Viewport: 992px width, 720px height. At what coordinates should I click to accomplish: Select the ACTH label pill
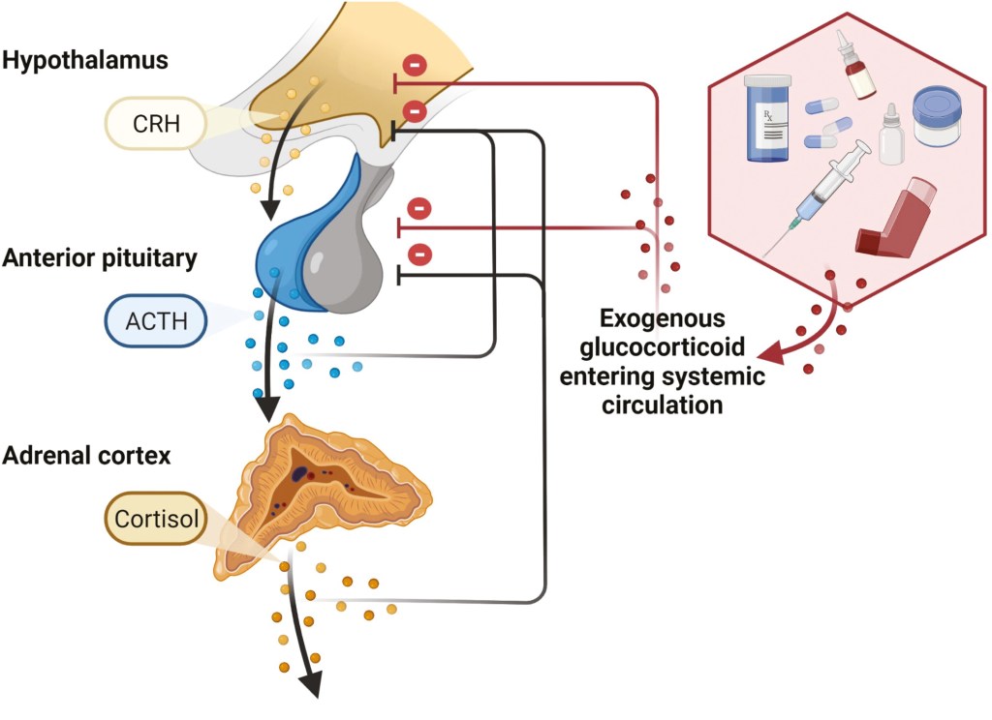pos(155,320)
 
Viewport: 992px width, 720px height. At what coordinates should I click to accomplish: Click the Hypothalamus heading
pos(85,61)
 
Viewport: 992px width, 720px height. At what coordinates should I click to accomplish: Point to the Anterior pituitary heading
pos(100,258)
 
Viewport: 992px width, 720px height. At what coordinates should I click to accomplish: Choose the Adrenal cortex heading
pos(86,455)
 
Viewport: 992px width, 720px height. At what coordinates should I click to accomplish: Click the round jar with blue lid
pos(937,116)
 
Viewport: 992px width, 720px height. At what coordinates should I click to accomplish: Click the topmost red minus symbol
pos(414,66)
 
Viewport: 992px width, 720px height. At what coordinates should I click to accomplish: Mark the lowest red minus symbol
pos(419,255)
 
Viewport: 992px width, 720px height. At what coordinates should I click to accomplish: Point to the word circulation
pos(663,405)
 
